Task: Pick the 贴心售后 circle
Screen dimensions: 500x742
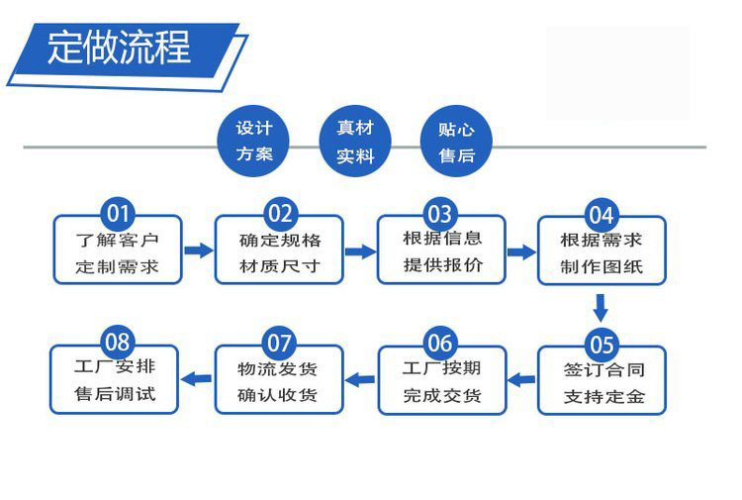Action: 456,142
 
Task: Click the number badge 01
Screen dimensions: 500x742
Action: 118,213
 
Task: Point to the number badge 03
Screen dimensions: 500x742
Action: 439,213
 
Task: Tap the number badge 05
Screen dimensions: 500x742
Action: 602,344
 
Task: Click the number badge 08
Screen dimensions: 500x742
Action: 118,343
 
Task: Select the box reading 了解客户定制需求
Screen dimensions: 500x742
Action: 117,253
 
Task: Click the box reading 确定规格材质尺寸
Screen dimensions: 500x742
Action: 280,253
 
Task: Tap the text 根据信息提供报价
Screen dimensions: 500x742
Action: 441,252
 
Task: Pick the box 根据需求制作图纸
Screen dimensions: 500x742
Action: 602,253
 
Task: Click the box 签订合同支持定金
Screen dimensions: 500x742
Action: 602,384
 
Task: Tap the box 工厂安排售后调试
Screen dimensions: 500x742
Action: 117,381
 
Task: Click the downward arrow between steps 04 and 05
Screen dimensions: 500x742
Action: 600,306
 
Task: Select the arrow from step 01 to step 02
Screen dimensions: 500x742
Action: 199,250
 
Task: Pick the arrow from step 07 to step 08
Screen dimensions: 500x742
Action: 199,377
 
